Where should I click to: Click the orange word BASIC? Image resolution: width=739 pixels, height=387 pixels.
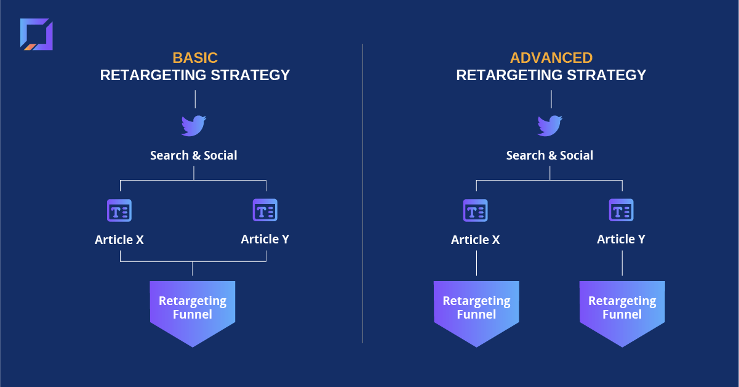[x=195, y=58]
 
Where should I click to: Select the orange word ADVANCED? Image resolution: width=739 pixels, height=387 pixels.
[x=551, y=58]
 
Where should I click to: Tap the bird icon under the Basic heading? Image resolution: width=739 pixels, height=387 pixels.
[x=194, y=126]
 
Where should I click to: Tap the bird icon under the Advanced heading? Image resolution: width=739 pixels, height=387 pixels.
[x=550, y=126]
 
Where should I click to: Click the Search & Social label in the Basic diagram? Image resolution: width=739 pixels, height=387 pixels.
[x=194, y=155]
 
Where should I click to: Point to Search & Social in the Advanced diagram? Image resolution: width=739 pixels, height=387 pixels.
[x=549, y=155]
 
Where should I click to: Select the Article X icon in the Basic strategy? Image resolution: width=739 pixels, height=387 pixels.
[x=119, y=211]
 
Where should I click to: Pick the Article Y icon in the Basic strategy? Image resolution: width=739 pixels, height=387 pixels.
[x=265, y=210]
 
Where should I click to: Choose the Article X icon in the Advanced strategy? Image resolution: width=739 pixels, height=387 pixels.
[x=476, y=211]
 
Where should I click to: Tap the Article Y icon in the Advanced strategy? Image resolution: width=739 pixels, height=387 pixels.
[x=621, y=210]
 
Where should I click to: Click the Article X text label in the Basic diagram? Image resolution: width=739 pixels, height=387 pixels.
[x=119, y=240]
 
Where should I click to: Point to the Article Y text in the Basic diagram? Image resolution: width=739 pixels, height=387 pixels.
[x=265, y=239]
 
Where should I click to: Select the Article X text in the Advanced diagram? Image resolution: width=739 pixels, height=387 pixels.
[x=476, y=240]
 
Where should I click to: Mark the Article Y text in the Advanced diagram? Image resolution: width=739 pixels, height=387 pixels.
[x=621, y=239]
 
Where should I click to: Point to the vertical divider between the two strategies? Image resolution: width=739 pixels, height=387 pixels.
[x=362, y=193]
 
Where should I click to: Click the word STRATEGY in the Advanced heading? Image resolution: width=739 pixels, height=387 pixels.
[x=606, y=75]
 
